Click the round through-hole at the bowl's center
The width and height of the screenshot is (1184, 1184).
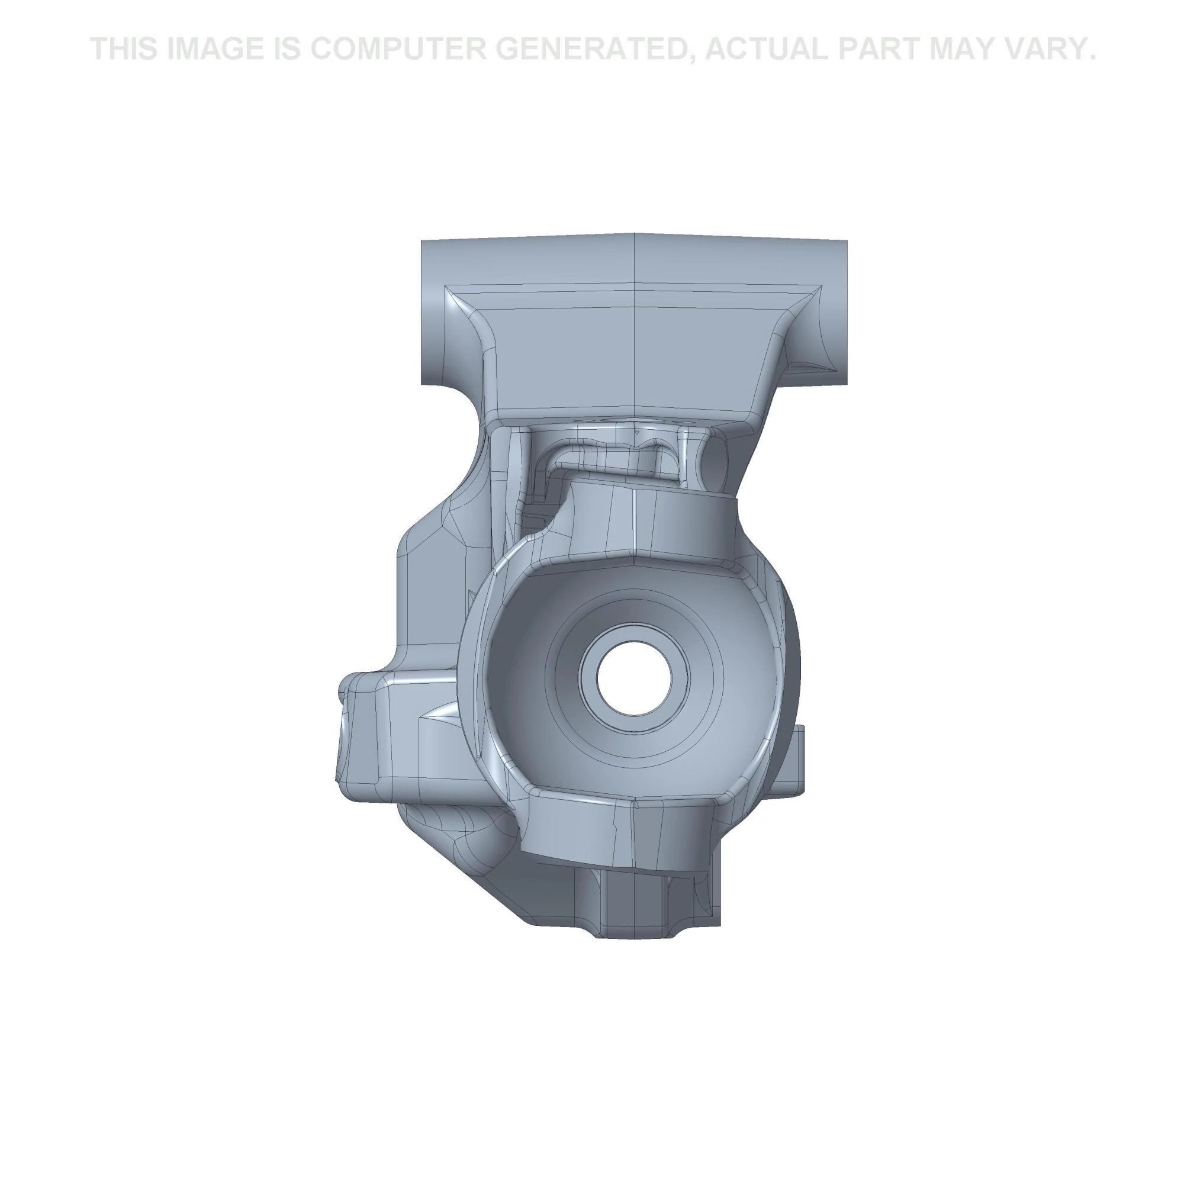coord(634,678)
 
